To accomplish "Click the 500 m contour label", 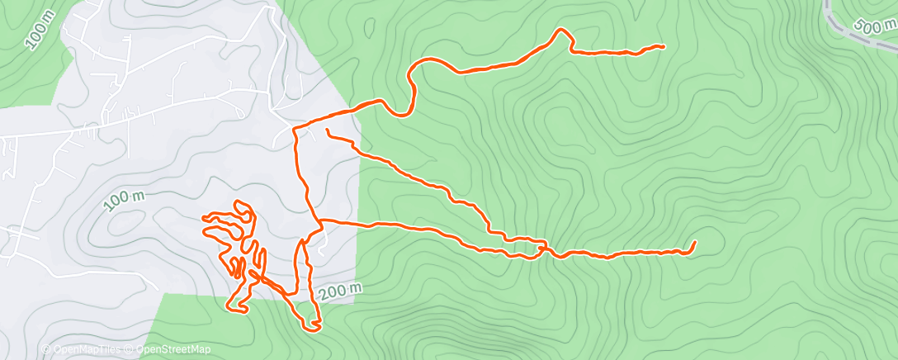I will click(x=869, y=26).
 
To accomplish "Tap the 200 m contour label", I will click(x=339, y=289).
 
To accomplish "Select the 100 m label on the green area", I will click(x=39, y=31).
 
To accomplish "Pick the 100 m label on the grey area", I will click(x=125, y=200).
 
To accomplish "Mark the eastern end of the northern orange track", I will click(x=663, y=46).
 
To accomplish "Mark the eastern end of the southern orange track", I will click(x=694, y=243).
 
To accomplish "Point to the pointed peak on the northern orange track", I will click(x=563, y=31).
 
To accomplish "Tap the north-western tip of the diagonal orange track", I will click(x=328, y=130).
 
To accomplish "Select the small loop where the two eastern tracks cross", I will click(x=541, y=247).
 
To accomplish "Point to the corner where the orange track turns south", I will click(x=296, y=128).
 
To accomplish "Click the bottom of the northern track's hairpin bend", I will click(x=404, y=114).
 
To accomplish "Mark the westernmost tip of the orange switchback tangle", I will click(x=204, y=217).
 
